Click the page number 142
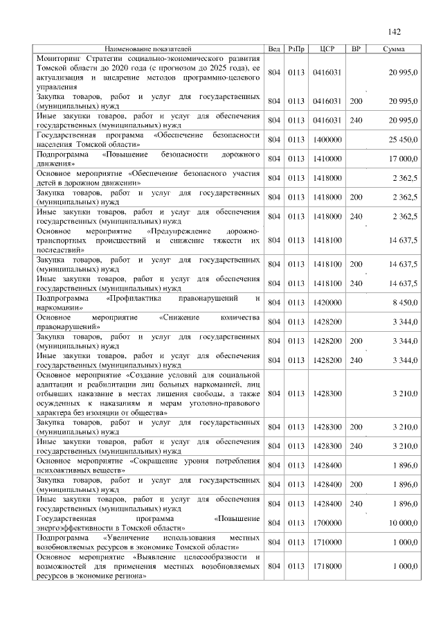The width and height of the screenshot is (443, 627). pos(395,32)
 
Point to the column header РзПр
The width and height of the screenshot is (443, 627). pos(296,49)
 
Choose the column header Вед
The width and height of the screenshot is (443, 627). pos(274,49)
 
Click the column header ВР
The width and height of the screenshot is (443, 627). pos(356,49)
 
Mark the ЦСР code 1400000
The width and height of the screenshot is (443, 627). pos(327,139)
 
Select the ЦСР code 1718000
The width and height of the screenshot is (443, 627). pos(327,566)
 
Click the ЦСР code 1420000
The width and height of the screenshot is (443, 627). pos(327,303)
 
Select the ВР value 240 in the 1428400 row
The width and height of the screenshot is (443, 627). pos(356,504)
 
